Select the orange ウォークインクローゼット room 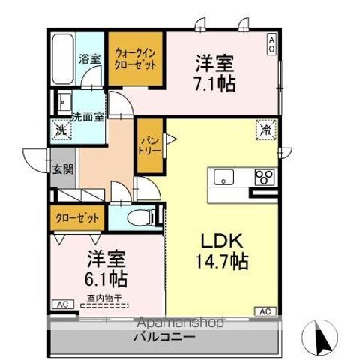(x=135, y=58)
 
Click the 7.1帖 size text (x=216, y=82)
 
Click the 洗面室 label (x=87, y=117)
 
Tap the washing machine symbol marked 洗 (x=60, y=130)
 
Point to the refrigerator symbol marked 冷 (x=266, y=130)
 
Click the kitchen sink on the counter (x=224, y=177)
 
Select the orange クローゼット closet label (x=77, y=218)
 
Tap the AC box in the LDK (x=265, y=310)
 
